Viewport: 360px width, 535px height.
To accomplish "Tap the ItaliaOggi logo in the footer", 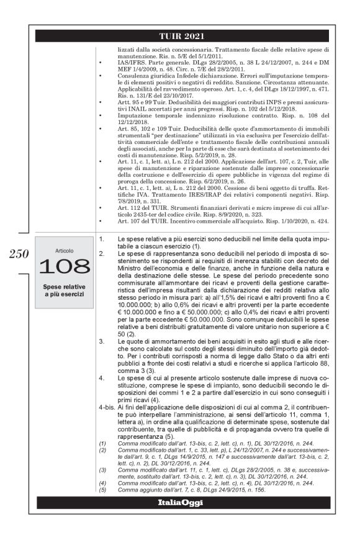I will pos(181,502).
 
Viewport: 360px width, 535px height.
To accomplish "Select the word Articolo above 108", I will pos(65,251).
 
